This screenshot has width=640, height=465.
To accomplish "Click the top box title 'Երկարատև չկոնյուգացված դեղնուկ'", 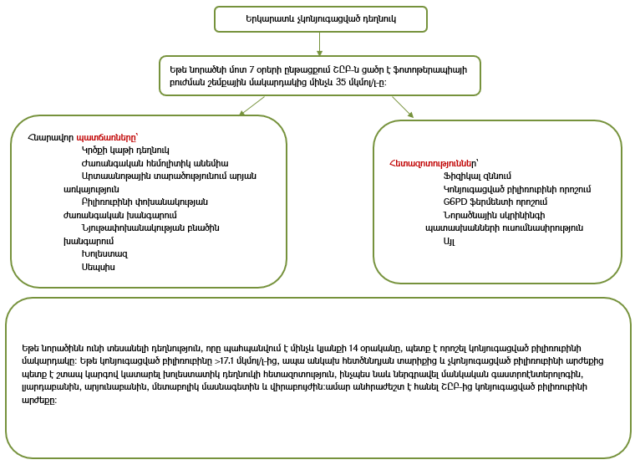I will (321, 18).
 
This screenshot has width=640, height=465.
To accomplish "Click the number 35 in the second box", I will (317, 83).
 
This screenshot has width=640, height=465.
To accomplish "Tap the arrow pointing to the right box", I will (403, 107).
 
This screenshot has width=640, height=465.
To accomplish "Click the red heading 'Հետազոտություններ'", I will (433, 162).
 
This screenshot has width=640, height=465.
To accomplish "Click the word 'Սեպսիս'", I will (99, 267).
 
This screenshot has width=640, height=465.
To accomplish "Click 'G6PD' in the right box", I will (456, 202).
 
